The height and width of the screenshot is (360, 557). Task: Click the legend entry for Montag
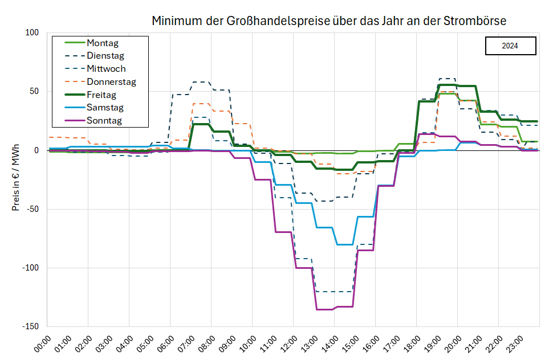[103, 43]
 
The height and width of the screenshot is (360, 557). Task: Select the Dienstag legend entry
[105, 56]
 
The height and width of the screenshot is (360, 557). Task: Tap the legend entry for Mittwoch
[106, 69]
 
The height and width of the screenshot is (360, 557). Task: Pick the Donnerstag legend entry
[111, 82]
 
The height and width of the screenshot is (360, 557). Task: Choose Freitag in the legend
[103, 95]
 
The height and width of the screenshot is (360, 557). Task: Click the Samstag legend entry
[105, 108]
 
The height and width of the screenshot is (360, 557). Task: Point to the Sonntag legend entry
[104, 121]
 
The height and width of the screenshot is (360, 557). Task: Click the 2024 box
[510, 46]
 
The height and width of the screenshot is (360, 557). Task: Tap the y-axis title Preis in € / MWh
[15, 177]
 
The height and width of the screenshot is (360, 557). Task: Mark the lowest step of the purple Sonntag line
[324, 309]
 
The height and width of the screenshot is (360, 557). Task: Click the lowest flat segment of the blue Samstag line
[345, 244]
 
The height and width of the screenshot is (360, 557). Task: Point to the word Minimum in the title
[174, 21]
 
